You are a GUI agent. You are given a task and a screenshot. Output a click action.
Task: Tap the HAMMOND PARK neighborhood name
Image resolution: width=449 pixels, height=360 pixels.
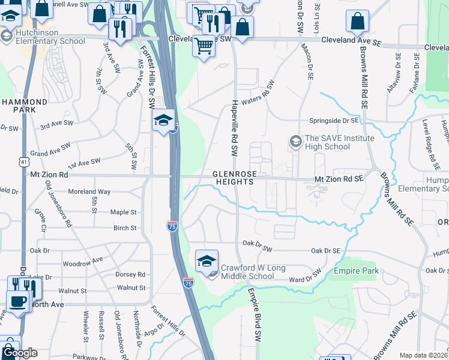click(x=24, y=106)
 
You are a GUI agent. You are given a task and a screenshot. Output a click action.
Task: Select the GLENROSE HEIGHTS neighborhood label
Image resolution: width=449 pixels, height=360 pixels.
click(x=237, y=178)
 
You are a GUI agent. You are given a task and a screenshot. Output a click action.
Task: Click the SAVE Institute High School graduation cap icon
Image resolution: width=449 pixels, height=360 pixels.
click(x=295, y=142)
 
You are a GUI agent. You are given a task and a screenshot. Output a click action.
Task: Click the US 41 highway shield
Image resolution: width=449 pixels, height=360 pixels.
click(x=22, y=161)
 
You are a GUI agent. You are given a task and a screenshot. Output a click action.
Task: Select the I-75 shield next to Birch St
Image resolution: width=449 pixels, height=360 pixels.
click(x=172, y=226)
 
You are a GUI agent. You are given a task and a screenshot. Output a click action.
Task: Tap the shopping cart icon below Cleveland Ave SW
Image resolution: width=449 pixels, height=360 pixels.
click(x=204, y=46)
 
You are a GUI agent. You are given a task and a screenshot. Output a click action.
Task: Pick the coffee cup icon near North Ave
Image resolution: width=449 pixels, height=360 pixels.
click(x=18, y=301)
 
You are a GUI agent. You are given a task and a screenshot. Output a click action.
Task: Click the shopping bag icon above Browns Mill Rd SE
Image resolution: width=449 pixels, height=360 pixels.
click(x=357, y=22)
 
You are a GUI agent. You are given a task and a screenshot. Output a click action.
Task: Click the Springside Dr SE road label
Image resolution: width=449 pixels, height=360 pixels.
click(x=333, y=121)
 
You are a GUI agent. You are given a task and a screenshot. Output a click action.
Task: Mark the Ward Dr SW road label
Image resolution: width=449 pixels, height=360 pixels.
click(x=306, y=279)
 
